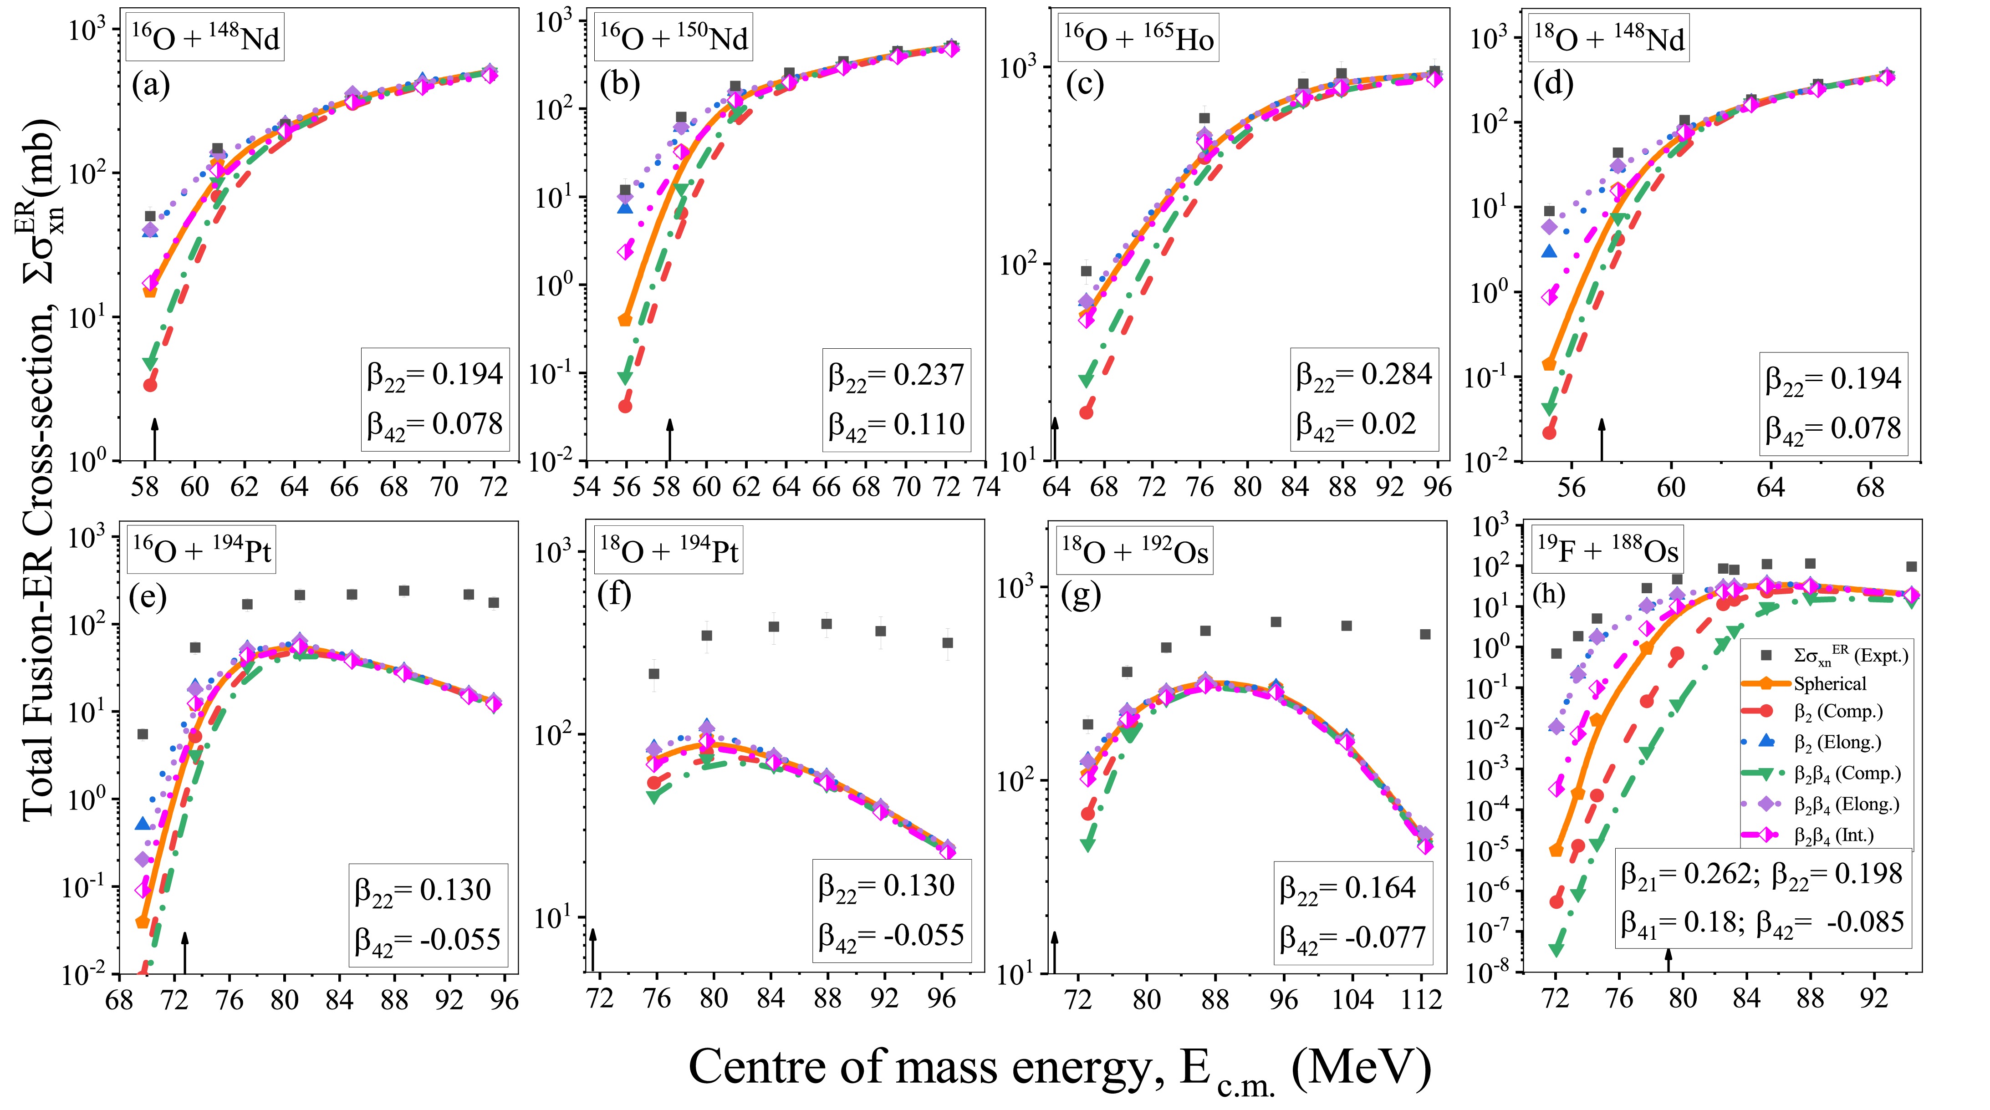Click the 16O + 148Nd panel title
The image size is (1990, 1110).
205,37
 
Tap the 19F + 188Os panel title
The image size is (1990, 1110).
1607,551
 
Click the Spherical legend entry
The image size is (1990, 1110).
1829,683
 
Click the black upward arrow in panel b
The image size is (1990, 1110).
670,439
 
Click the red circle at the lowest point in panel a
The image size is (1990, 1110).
150,384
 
